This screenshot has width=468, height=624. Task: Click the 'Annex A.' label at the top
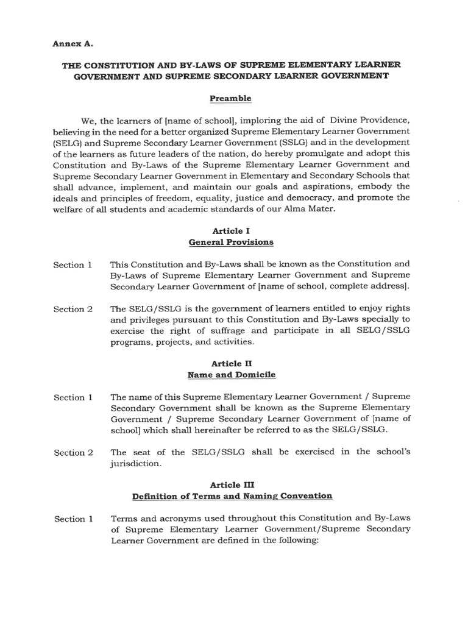pos(72,44)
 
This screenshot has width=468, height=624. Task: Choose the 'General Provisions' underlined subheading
pos(231,243)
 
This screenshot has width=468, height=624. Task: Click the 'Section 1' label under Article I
pos(73,264)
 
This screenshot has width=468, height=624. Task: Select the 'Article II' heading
pos(230,364)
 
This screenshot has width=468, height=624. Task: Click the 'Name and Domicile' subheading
pos(230,375)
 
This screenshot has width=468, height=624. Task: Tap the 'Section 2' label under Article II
pos(73,452)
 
